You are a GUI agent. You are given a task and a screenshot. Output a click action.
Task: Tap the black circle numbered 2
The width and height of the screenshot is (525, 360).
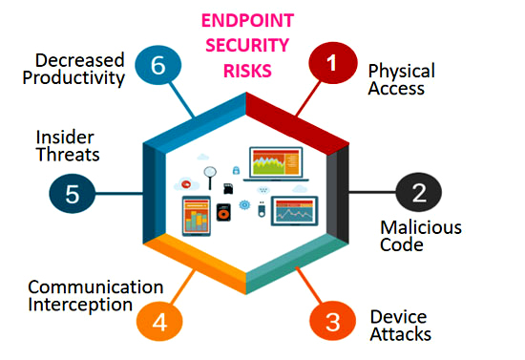pos(418,194)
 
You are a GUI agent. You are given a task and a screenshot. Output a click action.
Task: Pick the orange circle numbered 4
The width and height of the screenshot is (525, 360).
pos(159,322)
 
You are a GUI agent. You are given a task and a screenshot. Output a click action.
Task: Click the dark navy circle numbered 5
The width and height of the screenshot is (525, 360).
pos(72,194)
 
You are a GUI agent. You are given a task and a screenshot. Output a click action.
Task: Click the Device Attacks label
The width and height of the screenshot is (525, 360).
pos(401,325)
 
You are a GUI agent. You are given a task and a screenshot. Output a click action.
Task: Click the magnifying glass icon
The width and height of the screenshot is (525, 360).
pos(210,175)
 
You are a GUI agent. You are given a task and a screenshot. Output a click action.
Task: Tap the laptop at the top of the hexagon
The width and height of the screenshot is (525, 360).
pos(276,164)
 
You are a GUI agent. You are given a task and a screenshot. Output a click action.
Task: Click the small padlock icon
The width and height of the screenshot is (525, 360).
pos(235,170)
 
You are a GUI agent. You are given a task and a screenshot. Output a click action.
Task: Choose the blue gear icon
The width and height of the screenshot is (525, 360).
pos(245,204)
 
